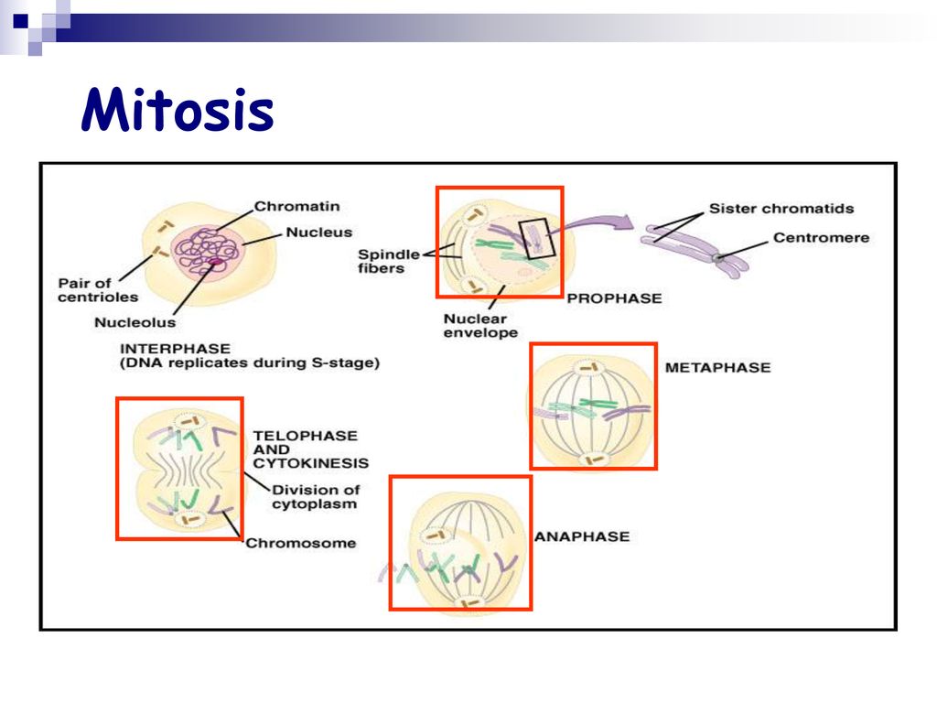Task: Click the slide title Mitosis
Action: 178,110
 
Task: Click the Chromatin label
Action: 297,206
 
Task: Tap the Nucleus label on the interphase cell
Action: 319,232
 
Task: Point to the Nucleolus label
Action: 135,322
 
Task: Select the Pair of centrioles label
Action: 98,290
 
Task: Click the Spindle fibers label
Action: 388,261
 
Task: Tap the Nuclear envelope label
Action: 480,326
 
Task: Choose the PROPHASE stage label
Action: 614,298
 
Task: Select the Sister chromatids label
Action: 781,209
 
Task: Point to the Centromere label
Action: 821,237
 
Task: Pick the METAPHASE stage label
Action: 717,367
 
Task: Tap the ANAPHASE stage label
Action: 582,536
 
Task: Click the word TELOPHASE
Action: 306,436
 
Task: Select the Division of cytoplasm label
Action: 316,497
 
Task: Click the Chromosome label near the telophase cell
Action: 300,543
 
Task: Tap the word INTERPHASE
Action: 175,349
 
